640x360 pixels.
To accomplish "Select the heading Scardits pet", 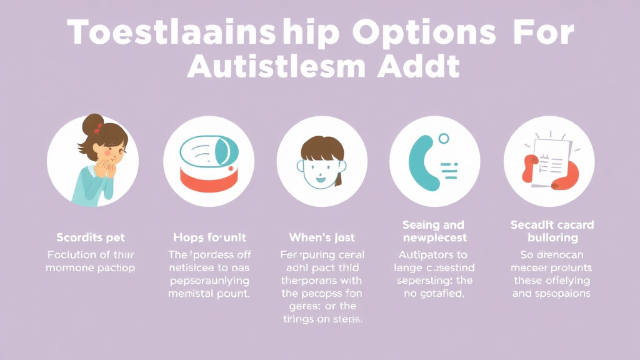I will coord(91,237).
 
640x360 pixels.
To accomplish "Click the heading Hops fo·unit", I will coord(209,237).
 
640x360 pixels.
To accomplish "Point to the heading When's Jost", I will coord(321,237).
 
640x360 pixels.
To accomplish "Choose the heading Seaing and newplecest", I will coord(433,231).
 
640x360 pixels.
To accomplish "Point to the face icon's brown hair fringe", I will coord(321,149).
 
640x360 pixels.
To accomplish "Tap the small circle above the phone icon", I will coord(444,139).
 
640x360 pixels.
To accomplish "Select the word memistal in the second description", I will coord(188,293).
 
